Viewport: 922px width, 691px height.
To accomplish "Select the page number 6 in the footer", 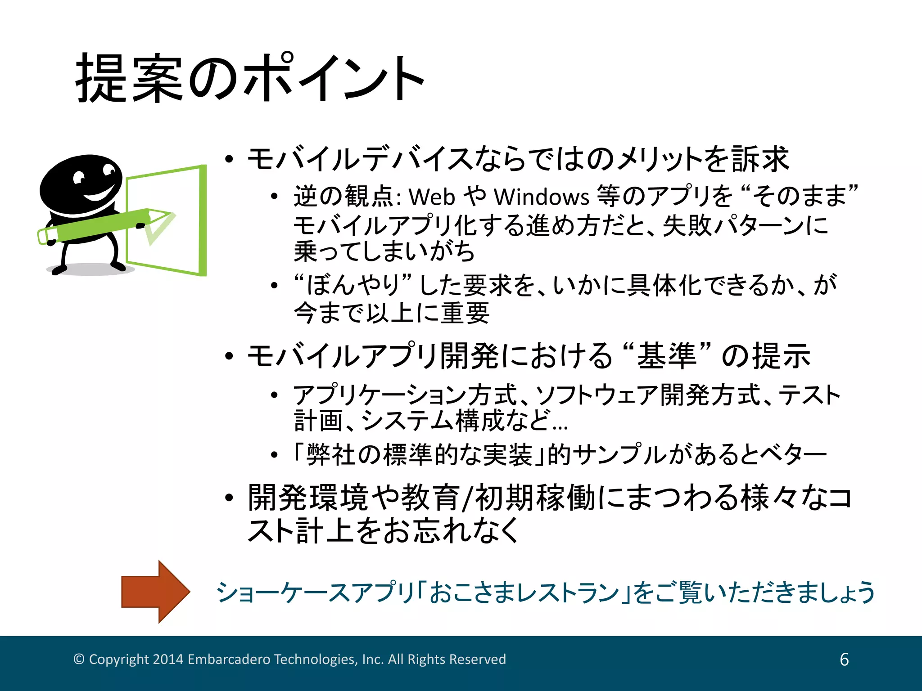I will pyautogui.click(x=844, y=660).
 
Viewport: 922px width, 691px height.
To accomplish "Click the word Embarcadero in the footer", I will pyautogui.click(x=229, y=659).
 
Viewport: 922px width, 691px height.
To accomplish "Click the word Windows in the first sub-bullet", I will pyautogui.click(x=541, y=197).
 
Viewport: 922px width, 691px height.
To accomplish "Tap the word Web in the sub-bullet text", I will pyautogui.click(x=432, y=197).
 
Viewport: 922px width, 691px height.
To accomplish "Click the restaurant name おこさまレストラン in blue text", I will pyautogui.click(x=524, y=592).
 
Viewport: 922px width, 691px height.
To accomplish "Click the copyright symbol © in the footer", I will pyautogui.click(x=79, y=659).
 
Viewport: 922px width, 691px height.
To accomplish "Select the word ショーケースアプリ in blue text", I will pyautogui.click(x=315, y=592).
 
